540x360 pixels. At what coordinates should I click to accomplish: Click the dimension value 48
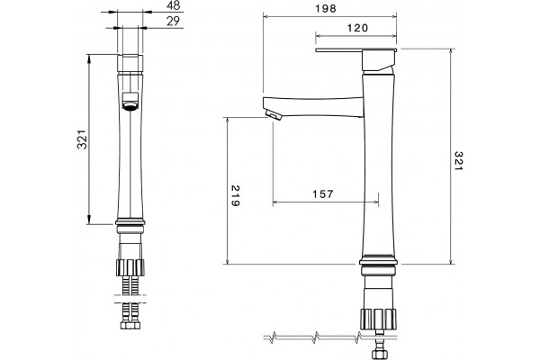173,5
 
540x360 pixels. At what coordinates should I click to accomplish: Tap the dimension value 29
173,21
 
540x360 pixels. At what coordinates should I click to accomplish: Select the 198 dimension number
326,9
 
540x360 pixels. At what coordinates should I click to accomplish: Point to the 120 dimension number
357,28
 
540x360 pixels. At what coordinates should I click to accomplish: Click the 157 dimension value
323,194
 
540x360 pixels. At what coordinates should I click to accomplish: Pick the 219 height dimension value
235,195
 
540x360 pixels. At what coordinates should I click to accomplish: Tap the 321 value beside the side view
458,160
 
